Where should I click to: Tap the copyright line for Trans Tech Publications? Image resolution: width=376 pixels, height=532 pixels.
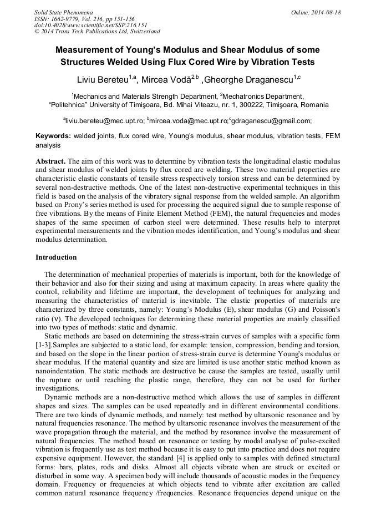click(97, 32)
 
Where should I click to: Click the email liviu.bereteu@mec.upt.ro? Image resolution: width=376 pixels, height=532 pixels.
click(105, 120)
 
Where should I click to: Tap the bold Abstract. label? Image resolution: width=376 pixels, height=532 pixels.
click(51, 161)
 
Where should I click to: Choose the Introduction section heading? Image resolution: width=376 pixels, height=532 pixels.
click(56, 257)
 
